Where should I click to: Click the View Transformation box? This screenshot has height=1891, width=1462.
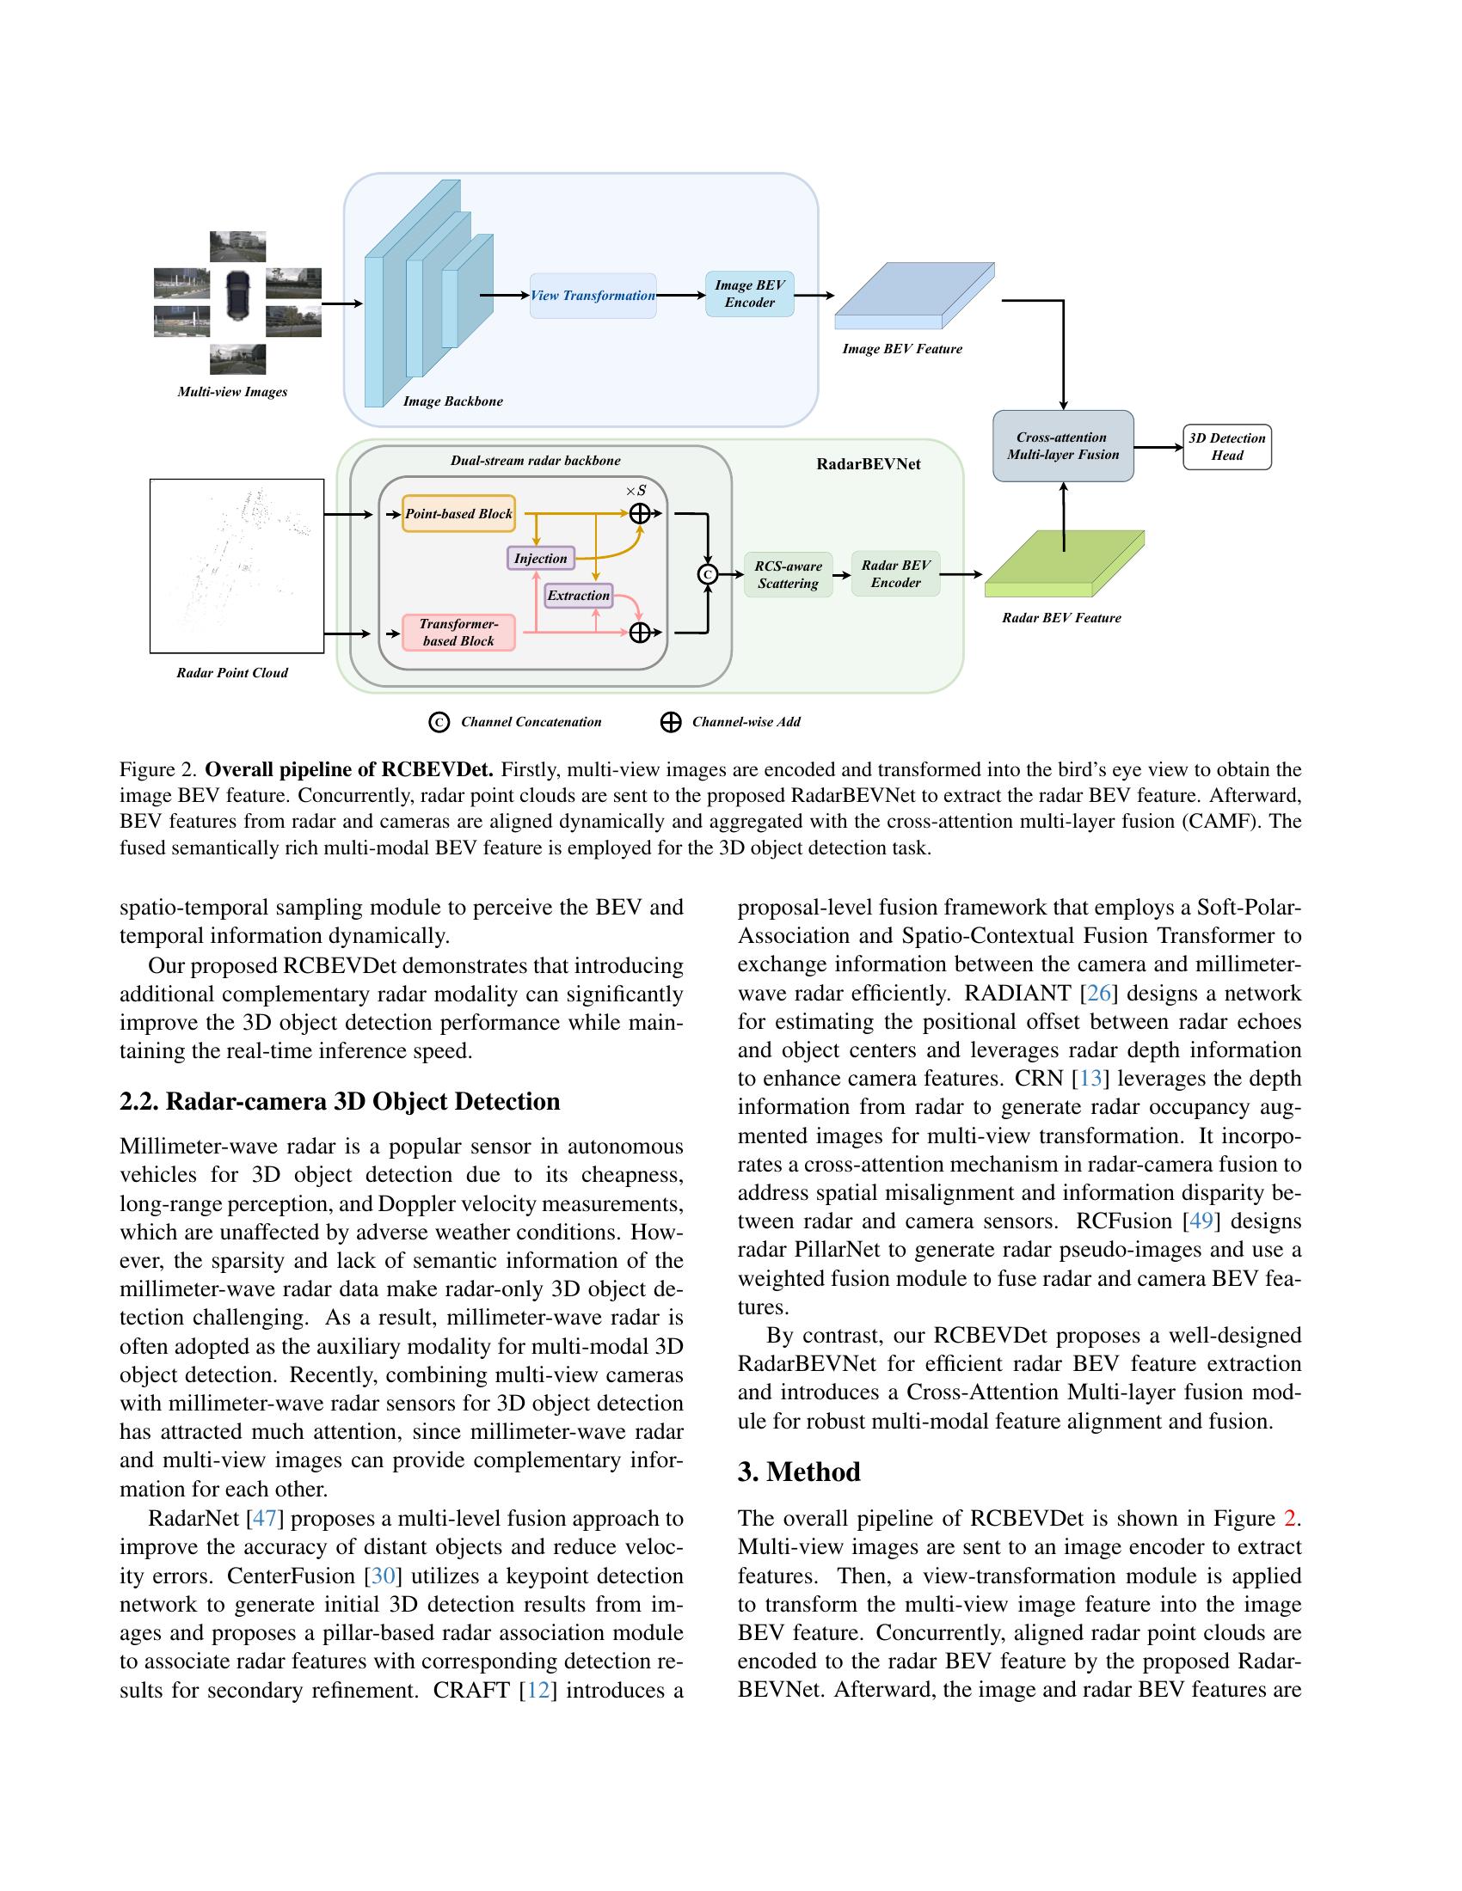coord(593,295)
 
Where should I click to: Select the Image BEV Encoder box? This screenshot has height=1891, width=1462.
coord(749,294)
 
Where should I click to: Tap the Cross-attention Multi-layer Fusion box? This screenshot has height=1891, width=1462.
coord(1063,446)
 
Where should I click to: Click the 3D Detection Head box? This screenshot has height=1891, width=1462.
coord(1226,447)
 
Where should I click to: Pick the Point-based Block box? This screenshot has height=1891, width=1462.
coord(458,513)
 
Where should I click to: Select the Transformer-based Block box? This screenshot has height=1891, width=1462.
coord(458,632)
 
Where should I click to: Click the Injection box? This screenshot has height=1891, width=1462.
coord(540,559)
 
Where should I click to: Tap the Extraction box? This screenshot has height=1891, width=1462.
coord(579,596)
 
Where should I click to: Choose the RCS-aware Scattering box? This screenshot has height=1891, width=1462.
coord(787,574)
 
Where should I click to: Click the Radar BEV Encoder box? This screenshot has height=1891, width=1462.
coord(895,573)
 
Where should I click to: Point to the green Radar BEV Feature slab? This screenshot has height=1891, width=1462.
coord(1064,565)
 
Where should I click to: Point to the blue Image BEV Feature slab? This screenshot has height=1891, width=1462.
coord(912,295)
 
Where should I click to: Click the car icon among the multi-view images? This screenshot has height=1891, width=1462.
coord(237,294)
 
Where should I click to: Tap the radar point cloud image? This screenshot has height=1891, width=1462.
coord(236,566)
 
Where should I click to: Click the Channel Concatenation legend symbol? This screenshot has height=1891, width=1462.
coord(439,722)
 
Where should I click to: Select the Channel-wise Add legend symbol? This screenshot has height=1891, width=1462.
coord(671,722)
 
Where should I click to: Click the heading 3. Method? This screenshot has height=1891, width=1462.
coord(799,1472)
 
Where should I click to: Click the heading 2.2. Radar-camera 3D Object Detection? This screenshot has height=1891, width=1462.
coord(340,1101)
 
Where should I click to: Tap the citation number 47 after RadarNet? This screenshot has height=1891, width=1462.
coord(264,1519)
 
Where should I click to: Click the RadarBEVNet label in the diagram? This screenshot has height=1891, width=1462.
coord(868,464)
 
